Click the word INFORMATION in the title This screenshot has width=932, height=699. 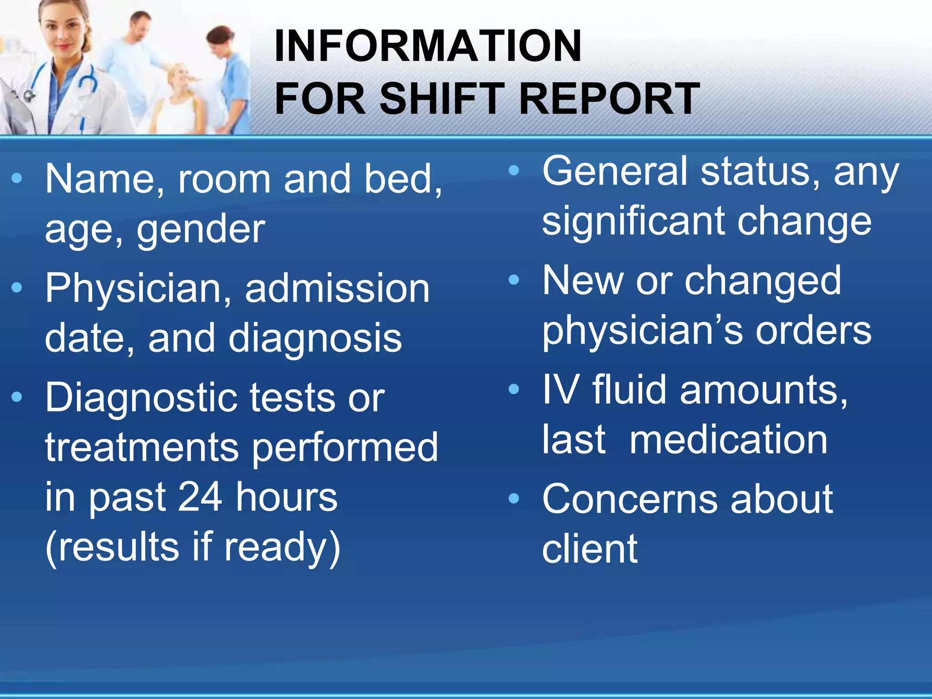pyautogui.click(x=428, y=46)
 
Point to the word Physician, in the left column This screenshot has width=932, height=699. pyautogui.click(x=139, y=289)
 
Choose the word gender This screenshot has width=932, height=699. pyautogui.click(x=201, y=230)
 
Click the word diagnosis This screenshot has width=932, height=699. pyautogui.click(x=315, y=339)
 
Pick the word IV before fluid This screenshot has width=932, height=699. pyautogui.click(x=560, y=390)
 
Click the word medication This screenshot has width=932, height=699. pyautogui.click(x=729, y=440)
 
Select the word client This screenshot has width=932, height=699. pyautogui.click(x=590, y=549)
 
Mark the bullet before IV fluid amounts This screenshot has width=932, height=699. pyautogui.click(x=514, y=389)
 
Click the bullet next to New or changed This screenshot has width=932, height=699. pyautogui.click(x=514, y=280)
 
